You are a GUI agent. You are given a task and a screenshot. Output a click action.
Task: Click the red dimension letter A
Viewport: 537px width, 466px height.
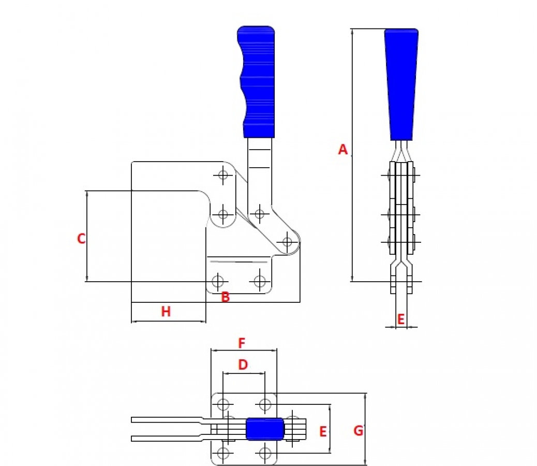(343, 150)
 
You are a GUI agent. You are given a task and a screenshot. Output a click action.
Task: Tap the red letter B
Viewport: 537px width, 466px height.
(226, 297)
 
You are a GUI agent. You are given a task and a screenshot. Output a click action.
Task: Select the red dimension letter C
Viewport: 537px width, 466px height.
(81, 239)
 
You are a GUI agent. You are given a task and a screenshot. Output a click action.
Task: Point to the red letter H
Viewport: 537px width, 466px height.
(166, 312)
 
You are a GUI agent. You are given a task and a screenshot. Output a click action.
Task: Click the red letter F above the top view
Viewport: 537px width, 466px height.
(242, 343)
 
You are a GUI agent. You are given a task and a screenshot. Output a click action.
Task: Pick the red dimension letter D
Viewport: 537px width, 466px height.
(243, 365)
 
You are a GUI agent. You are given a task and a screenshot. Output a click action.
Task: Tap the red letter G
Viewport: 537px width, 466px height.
(358, 431)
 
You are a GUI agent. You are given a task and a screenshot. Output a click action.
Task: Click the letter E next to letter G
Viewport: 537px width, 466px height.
(323, 432)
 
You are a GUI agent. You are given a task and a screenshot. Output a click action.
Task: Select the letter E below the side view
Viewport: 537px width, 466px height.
(401, 319)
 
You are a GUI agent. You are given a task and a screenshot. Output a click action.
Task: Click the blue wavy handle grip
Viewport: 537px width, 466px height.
(257, 82)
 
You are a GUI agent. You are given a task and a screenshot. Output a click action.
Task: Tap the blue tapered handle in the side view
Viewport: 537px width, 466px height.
(401, 84)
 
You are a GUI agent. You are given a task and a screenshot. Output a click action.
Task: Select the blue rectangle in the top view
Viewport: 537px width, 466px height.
(265, 429)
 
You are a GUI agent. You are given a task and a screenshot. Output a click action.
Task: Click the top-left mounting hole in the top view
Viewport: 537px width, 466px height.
(223, 404)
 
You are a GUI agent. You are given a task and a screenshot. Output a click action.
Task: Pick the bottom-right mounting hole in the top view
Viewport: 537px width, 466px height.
(265, 454)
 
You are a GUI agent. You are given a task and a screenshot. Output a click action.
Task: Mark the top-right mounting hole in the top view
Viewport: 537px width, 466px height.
(265, 404)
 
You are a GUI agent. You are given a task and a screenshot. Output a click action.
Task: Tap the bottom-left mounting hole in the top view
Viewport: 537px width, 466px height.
(223, 454)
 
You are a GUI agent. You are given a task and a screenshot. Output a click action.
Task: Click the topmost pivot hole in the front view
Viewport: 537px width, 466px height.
(223, 175)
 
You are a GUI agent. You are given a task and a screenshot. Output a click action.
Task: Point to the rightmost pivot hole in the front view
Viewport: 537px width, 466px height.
(287, 242)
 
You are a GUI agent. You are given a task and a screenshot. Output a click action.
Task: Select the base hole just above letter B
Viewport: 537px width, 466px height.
(217, 281)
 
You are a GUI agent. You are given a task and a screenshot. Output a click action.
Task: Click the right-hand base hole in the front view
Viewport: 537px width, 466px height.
(260, 281)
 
